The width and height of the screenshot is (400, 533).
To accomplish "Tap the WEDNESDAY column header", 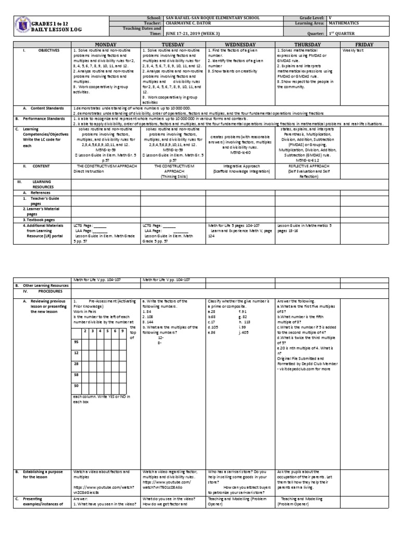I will (240, 45).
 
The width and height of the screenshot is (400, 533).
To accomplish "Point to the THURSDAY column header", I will (307, 45).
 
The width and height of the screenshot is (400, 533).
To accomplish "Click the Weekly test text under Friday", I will (352, 50).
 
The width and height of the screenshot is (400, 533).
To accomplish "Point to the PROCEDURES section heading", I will (46, 291).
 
